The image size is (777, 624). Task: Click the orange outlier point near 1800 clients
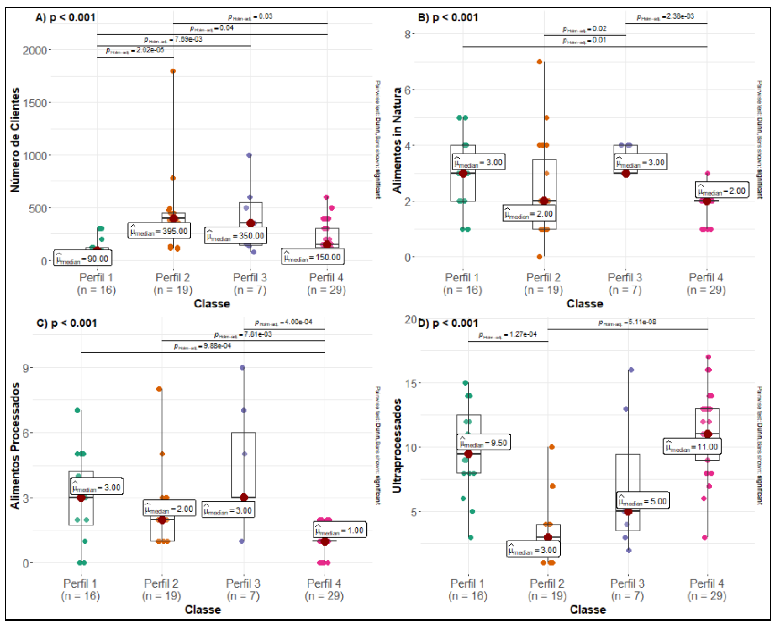pyautogui.click(x=173, y=71)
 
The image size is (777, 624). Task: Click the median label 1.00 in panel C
pyautogui.click(x=340, y=530)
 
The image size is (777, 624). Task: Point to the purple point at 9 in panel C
pyautogui.click(x=243, y=368)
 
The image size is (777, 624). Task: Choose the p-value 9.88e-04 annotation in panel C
pyautogui.click(x=202, y=346)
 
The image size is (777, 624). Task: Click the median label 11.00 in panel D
pyautogui.click(x=692, y=447)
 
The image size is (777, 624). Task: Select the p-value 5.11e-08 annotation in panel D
pyautogui.click(x=627, y=322)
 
